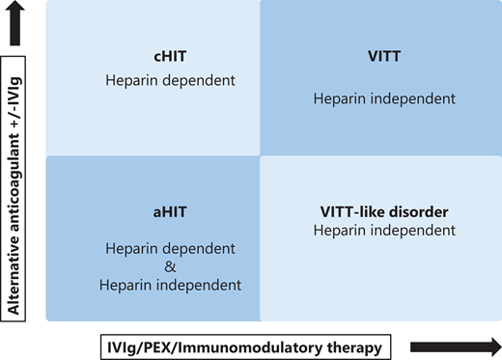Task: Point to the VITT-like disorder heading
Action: [x=385, y=211]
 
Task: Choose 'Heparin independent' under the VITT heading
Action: [x=372, y=97]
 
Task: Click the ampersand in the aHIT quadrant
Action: [x=170, y=266]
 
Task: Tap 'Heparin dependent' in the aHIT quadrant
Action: [x=170, y=248]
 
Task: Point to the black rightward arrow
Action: [x=455, y=346]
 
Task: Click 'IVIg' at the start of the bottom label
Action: [x=121, y=346]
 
